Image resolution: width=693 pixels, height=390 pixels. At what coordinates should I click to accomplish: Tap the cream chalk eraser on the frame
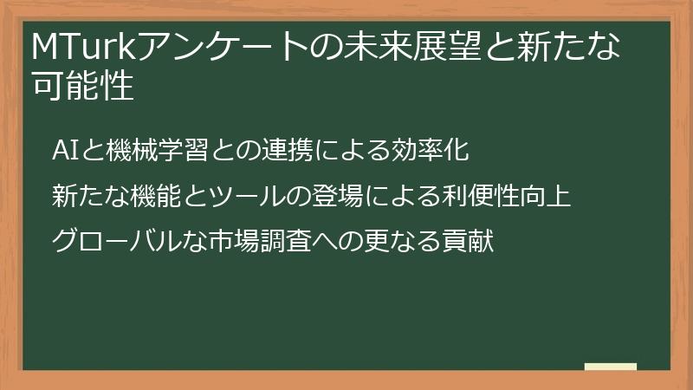pyautogui.click(x=610, y=367)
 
